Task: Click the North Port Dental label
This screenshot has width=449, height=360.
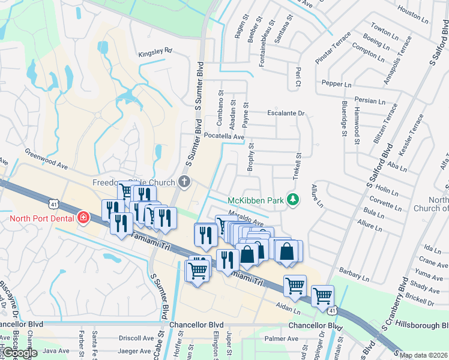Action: pyautogui.click(x=41, y=217)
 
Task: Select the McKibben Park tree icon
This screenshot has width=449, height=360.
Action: pyautogui.click(x=293, y=199)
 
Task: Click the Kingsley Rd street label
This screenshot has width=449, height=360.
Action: pyautogui.click(x=155, y=51)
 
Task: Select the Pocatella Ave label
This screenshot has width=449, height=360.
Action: pyautogui.click(x=224, y=137)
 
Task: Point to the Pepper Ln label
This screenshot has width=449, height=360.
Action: pyautogui.click(x=336, y=85)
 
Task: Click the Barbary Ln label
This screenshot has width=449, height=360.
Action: pyautogui.click(x=354, y=275)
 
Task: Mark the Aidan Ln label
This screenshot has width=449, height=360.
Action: pyautogui.click(x=288, y=305)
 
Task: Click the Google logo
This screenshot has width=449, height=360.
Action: pyautogui.click(x=20, y=353)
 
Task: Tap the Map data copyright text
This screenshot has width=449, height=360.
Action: pyautogui.click(x=423, y=355)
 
